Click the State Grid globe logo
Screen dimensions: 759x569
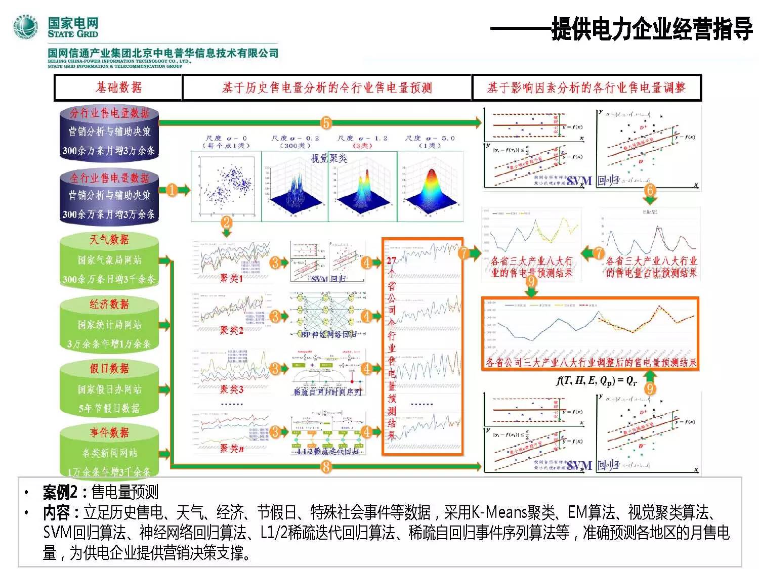(x=26, y=27)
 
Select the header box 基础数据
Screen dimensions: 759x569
(x=118, y=87)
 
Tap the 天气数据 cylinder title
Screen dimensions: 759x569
(x=109, y=239)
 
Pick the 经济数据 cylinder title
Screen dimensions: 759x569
(x=109, y=304)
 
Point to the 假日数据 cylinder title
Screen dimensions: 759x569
(x=109, y=368)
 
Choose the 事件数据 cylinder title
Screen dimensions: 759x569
(x=109, y=432)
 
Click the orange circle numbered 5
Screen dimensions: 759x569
(x=326, y=122)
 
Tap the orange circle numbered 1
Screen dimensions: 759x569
(x=172, y=190)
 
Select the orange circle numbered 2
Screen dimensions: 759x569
(x=227, y=223)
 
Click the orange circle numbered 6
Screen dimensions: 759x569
(x=650, y=190)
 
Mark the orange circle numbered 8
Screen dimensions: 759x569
(x=326, y=466)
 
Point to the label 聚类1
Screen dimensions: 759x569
(x=231, y=278)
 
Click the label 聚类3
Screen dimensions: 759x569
(x=231, y=389)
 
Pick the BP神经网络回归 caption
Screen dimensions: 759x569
(x=328, y=334)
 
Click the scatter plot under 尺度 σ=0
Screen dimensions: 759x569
(x=226, y=186)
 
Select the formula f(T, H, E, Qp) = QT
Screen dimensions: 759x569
(x=597, y=381)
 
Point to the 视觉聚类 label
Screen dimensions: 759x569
(x=329, y=158)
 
